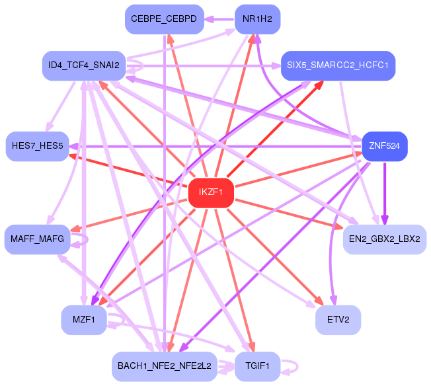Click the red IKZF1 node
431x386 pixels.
point(211,193)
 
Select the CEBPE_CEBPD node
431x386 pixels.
point(165,19)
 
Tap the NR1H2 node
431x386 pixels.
point(258,19)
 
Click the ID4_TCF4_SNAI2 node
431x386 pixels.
point(84,66)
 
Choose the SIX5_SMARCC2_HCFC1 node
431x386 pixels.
point(338,66)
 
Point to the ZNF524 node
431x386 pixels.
point(385,147)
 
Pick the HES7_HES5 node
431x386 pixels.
point(38,147)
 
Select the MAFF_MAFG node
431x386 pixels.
point(38,239)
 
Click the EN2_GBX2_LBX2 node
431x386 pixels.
point(385,239)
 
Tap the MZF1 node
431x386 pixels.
point(84,320)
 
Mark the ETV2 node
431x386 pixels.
point(338,320)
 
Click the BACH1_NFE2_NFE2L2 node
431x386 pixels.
point(165,366)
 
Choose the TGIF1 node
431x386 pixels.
point(258,366)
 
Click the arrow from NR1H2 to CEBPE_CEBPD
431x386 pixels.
point(219,19)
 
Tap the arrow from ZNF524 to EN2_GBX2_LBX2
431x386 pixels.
point(385,193)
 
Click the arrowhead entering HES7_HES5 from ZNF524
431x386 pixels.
point(73,147)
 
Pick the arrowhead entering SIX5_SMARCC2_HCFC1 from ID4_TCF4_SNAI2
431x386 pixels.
point(276,66)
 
